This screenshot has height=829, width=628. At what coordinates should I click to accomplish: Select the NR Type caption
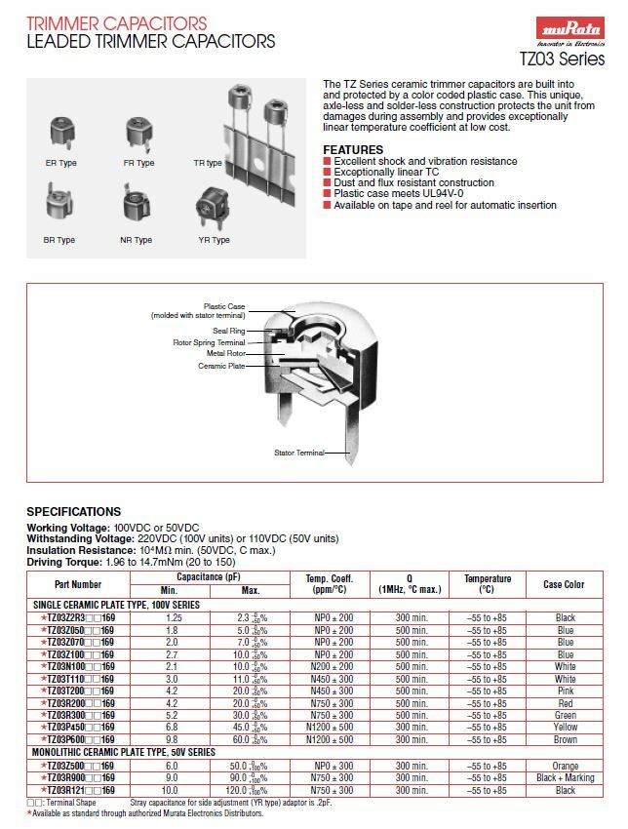[x=137, y=240]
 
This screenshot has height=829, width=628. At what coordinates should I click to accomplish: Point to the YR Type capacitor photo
[x=214, y=209]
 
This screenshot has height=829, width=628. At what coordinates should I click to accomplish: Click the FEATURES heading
[x=353, y=149]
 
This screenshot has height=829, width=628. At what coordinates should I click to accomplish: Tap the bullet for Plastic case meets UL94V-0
[x=328, y=194]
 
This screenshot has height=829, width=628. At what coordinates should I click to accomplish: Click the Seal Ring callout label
[x=229, y=331]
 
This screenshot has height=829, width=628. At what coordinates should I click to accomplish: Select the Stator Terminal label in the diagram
[x=298, y=453]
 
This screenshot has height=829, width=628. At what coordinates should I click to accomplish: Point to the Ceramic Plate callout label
[x=221, y=366]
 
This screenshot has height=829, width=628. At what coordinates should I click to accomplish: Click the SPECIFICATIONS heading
[x=74, y=511]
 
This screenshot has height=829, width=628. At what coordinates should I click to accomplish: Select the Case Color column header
[x=564, y=584]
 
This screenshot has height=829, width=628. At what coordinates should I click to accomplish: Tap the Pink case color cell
[x=565, y=691]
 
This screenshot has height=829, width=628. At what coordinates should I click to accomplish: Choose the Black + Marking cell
[x=565, y=777]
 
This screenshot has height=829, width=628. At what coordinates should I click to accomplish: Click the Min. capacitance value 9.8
[x=174, y=739]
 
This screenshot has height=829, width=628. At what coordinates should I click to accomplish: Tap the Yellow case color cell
[x=565, y=727]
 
